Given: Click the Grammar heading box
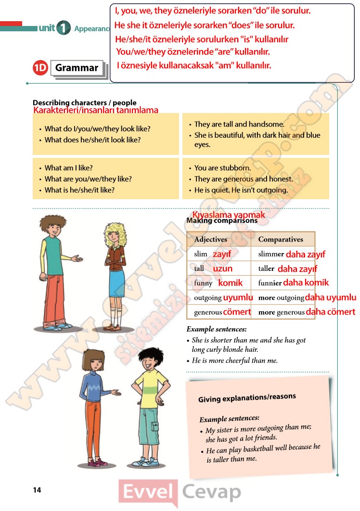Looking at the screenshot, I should [77, 68].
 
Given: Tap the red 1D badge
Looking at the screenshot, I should [40, 68].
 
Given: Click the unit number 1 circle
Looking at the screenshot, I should [63, 28].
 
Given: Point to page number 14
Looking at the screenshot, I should [37, 490].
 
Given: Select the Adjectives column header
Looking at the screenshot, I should [210, 239].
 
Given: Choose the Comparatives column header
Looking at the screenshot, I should [281, 239].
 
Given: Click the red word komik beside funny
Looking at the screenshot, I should [231, 283].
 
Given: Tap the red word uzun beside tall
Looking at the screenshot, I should [223, 268].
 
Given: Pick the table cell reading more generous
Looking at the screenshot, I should [282, 312].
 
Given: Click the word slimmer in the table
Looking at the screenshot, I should [271, 254].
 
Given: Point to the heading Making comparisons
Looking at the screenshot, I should [222, 221].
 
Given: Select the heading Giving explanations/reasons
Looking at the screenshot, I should [247, 398].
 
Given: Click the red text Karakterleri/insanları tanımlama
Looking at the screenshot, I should [96, 110].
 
